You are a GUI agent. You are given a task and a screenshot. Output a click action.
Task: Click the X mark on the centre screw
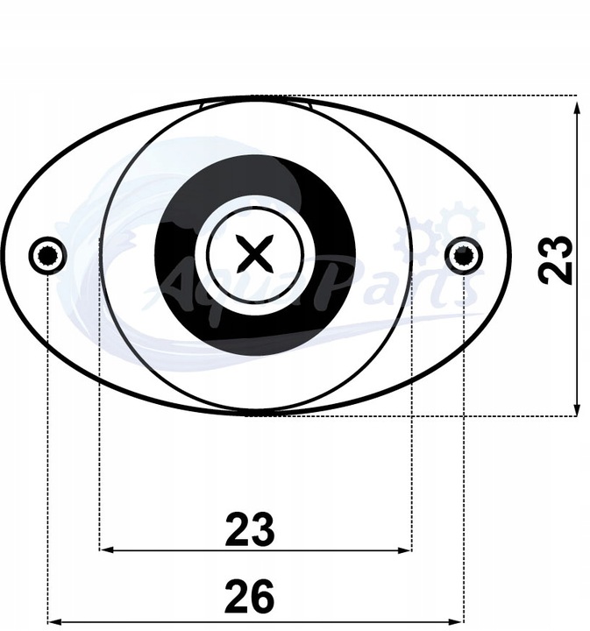coord(255,255)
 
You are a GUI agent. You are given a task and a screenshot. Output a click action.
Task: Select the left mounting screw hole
coord(46,255)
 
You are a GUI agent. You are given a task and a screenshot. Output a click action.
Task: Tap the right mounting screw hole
coord(463,255)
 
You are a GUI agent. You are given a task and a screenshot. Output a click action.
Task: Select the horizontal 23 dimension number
coord(250,529)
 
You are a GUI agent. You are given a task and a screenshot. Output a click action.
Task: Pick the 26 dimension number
coord(249,598)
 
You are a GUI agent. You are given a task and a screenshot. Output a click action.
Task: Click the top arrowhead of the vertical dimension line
coord(576,108)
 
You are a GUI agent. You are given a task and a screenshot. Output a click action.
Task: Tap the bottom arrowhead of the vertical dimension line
coord(576,409)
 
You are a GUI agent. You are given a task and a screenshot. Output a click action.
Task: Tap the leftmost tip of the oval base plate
coord(3,255)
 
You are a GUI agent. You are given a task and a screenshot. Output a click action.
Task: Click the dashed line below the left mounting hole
coord(46,438)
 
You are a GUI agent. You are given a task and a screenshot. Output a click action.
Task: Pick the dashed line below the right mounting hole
coord(463,438)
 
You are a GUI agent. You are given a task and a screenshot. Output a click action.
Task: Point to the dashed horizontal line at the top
coord(438,95)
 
